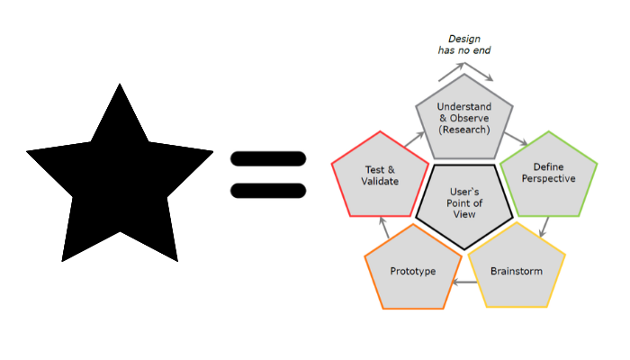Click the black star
(120, 175)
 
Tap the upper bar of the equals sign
(268, 159)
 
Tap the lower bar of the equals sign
(268, 190)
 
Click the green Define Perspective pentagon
(548, 175)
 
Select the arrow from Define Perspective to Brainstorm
(544, 227)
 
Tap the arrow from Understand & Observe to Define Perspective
(517, 139)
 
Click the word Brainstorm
(517, 271)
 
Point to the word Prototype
(413, 271)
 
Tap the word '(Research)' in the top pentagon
(464, 130)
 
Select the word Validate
(381, 181)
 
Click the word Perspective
(548, 178)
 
